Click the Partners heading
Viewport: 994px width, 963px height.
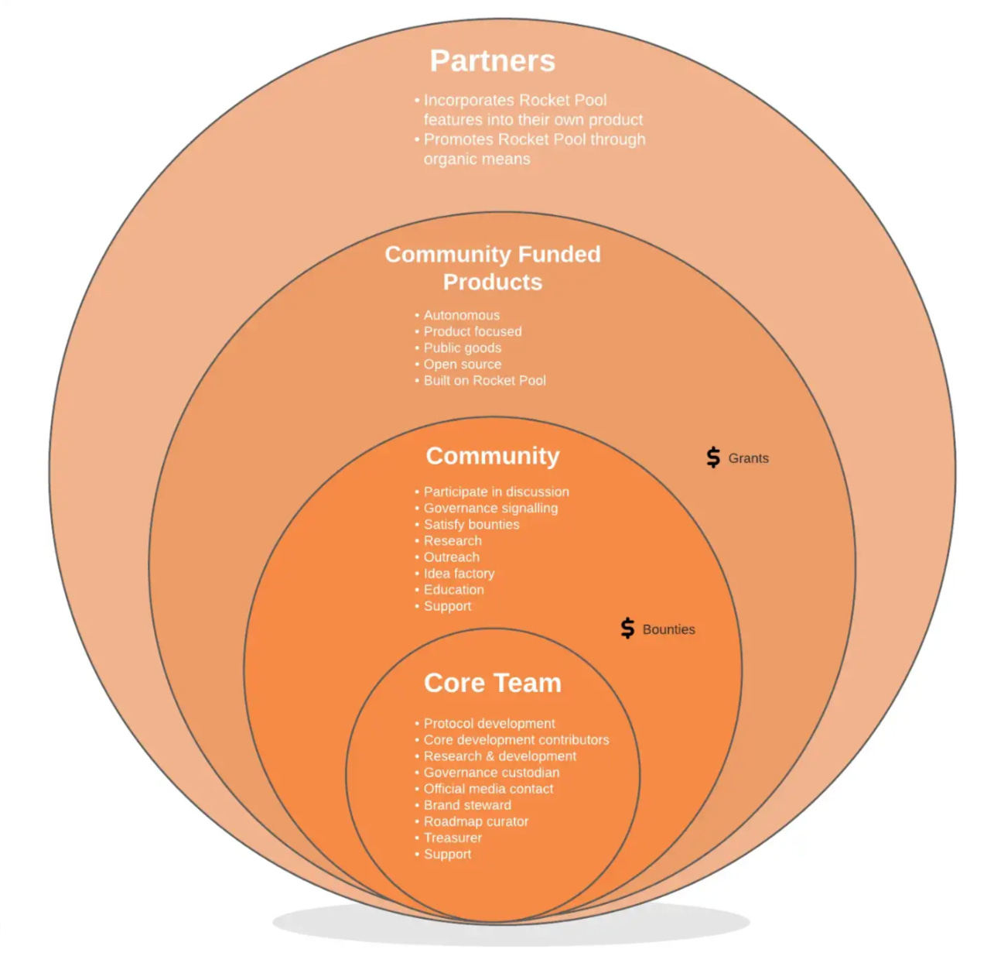(492, 61)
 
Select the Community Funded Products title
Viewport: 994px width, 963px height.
(493, 268)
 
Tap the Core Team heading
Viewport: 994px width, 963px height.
(493, 682)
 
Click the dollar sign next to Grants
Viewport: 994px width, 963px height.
(713, 458)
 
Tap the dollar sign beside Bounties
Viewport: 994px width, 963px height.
(628, 629)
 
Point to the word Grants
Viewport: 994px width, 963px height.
(748, 458)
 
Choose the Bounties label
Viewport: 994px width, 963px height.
(668, 629)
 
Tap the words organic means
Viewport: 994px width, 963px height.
(477, 159)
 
